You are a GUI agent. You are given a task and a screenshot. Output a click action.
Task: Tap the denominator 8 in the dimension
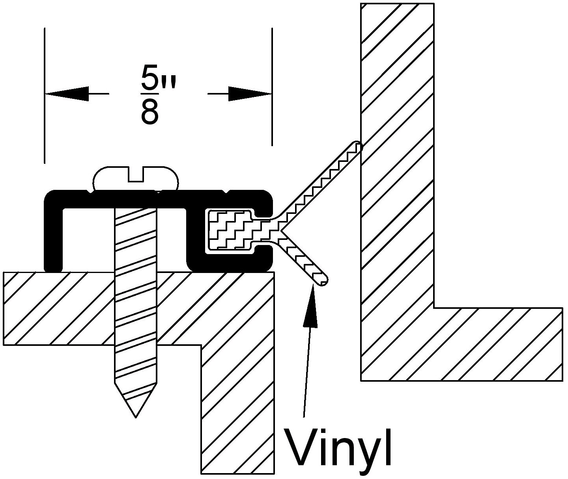coord(149,112)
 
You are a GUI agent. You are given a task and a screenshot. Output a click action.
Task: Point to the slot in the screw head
coord(136,175)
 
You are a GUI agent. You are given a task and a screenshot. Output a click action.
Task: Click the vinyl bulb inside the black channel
coord(229,230)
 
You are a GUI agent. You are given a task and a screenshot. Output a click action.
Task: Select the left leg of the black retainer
coord(53,236)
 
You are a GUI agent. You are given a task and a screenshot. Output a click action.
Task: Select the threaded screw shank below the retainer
coord(136,315)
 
